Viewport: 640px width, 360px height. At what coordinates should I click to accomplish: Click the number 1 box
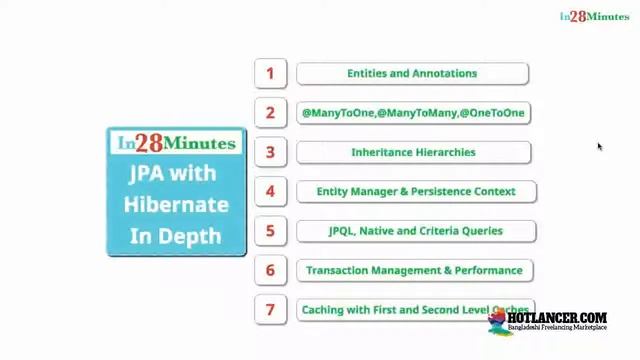pos(270,73)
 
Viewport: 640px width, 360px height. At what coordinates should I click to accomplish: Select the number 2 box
pos(270,113)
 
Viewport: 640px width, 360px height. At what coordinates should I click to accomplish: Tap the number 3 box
pos(270,152)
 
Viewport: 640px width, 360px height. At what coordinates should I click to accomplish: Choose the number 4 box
pos(270,191)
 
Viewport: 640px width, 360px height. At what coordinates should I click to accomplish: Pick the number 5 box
pos(270,231)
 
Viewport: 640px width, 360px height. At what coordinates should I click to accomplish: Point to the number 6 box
pos(270,270)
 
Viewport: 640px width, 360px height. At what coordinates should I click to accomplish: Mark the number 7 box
pos(270,310)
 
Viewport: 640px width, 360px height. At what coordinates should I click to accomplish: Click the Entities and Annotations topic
pos(412,73)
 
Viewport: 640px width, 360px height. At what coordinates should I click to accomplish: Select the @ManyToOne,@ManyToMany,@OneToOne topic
pos(413,113)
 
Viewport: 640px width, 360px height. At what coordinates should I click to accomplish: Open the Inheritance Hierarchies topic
pos(413,152)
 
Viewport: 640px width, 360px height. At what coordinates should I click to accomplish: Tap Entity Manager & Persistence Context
pos(416,191)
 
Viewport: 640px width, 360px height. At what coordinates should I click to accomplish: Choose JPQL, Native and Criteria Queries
pos(416,231)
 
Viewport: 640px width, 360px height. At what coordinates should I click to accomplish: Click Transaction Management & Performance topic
pos(414,270)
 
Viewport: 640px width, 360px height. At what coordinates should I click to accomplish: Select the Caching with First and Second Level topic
pos(414,310)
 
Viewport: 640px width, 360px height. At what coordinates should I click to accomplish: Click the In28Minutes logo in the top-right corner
pos(594,16)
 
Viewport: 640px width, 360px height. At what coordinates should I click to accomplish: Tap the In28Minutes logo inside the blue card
pos(176,143)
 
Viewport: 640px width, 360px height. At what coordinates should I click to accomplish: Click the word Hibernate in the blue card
pos(176,204)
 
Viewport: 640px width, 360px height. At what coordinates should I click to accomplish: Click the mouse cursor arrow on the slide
pos(600,147)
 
